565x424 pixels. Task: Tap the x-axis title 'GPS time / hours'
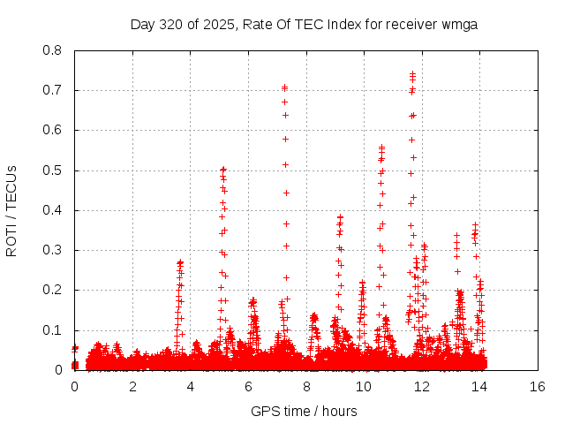tap(305, 411)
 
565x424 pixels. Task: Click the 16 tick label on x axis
tap(538, 387)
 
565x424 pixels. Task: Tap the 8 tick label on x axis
tap(306, 387)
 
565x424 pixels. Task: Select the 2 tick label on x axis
tap(132, 387)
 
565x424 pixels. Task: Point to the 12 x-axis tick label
tap(422, 387)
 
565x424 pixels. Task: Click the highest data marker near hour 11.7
tap(412, 74)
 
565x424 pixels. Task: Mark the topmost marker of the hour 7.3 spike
tap(284, 87)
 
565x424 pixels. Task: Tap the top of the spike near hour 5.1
tap(223, 169)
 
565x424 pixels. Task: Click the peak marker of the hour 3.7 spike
tap(180, 261)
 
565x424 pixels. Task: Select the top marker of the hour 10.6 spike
tap(381, 147)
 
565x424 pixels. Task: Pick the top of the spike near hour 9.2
tap(340, 216)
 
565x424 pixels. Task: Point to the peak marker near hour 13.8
tap(475, 224)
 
